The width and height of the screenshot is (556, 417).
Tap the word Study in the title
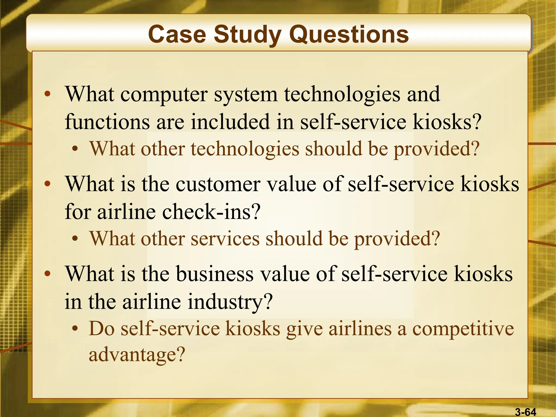[x=247, y=35]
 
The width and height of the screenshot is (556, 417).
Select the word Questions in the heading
[x=349, y=35]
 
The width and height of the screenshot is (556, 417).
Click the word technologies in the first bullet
[x=342, y=95]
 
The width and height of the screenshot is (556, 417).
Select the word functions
[x=107, y=122]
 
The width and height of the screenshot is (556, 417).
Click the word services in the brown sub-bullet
[x=225, y=239]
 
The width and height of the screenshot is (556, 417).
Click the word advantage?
[x=137, y=355]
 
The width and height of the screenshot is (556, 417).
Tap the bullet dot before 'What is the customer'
[x=48, y=184]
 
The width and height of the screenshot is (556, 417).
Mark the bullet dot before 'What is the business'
[x=48, y=273]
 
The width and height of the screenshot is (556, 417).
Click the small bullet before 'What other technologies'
[x=75, y=149]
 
